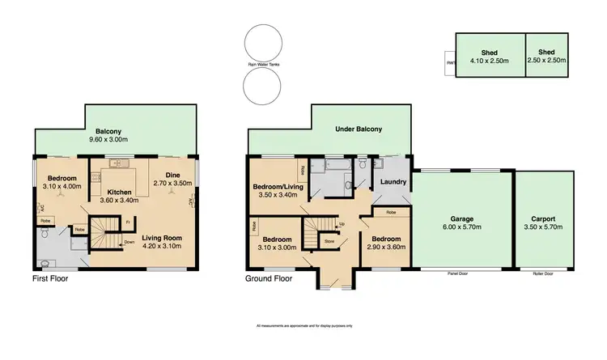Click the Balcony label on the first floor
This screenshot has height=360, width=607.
point(108,131)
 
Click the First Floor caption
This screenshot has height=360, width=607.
point(50,279)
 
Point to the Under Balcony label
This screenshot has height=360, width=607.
point(358,129)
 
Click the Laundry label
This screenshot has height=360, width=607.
point(393,182)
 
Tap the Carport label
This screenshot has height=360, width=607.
point(543,218)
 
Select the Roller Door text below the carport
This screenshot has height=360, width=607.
point(543,273)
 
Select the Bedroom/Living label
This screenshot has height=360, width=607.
point(277,187)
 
